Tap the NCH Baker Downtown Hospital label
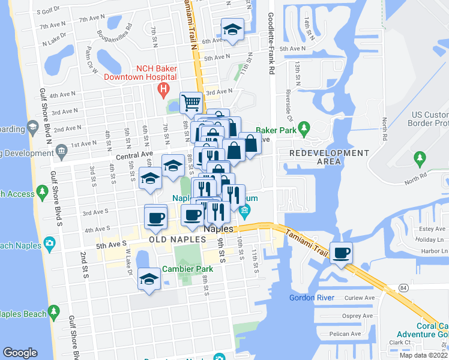[x=140, y=72]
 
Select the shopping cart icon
[x=191, y=103]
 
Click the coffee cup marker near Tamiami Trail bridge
[x=342, y=253]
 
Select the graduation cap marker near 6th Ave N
[x=231, y=29]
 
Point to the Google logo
[x=20, y=353]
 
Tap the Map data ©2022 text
[x=423, y=355]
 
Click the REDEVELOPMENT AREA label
[x=329, y=157]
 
